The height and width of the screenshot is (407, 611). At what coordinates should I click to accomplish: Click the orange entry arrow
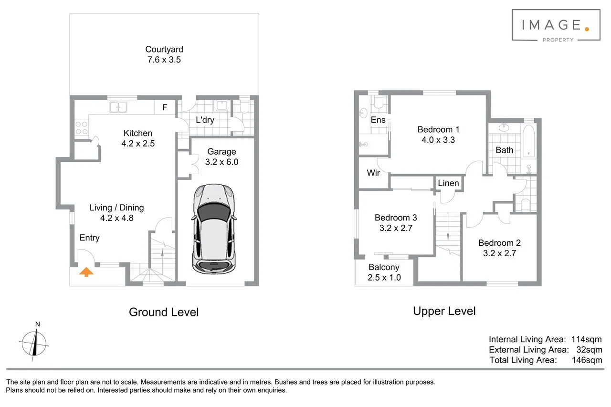[86, 272]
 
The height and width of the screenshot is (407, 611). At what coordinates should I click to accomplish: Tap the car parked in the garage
[214, 229]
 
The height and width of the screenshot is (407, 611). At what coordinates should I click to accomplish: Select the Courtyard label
[164, 49]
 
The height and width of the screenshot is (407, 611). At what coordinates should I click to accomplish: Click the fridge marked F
[165, 107]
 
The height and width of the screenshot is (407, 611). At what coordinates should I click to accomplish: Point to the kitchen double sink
[118, 107]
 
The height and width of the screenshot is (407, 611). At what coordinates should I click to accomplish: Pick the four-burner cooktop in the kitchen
[82, 128]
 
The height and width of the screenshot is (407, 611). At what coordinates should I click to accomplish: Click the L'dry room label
[205, 120]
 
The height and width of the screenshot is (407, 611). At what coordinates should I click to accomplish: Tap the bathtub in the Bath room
[528, 141]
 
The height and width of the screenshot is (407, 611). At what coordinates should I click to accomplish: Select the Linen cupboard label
[448, 183]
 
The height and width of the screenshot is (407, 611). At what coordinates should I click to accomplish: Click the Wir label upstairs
[373, 173]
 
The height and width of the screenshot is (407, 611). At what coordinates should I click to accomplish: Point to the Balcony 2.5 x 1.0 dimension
[384, 278]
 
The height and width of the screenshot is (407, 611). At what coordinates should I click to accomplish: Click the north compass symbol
[34, 342]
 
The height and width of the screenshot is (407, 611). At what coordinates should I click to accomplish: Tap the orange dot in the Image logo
[587, 29]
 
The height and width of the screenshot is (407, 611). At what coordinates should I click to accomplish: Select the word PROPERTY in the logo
[558, 40]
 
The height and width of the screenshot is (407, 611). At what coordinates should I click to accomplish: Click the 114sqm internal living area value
[587, 339]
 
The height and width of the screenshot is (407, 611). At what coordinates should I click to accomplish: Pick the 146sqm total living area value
[587, 360]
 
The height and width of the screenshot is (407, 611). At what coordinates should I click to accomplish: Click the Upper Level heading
[444, 311]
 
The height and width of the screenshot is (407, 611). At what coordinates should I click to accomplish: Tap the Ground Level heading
[164, 312]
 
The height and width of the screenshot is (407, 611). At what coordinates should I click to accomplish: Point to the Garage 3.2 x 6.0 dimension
[222, 162]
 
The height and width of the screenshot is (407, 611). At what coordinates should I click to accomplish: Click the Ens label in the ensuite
[378, 120]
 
